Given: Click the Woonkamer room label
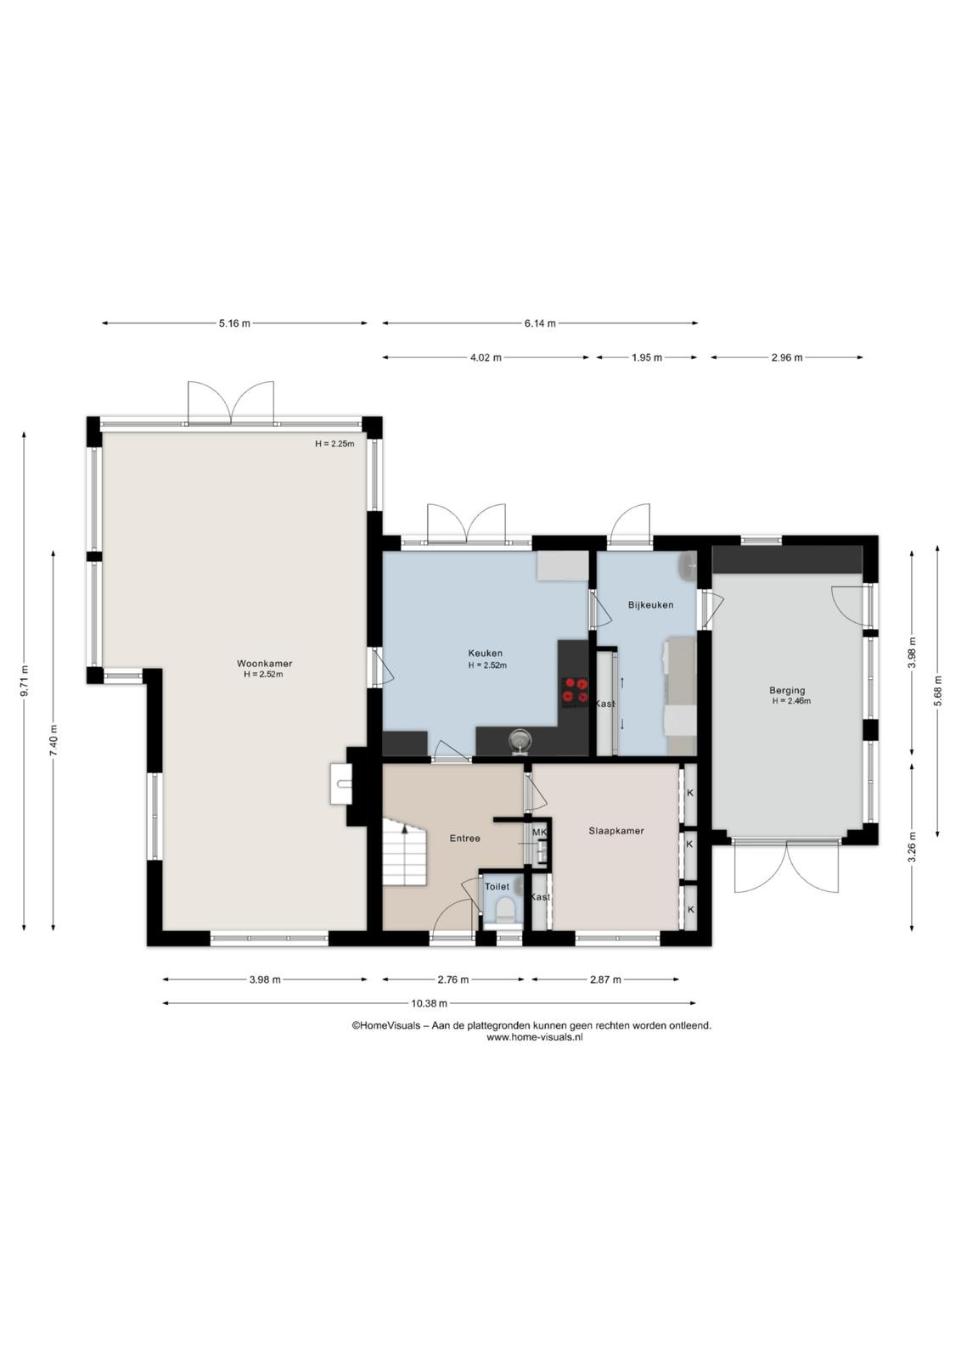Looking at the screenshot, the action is pos(264,663).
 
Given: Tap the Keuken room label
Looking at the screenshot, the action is pos(485,653).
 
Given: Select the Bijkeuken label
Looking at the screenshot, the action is pos(650,604).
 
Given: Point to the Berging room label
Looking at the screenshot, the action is pos(787,690).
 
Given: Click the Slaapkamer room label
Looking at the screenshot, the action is pos(616,831).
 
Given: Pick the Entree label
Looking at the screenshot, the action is pos(464,839).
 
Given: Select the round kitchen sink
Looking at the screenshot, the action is pos(519,739).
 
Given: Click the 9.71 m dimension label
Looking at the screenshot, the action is pos(24,682).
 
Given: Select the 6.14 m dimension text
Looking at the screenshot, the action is pos(540,323).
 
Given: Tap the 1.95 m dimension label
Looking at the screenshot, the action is pos(646,357).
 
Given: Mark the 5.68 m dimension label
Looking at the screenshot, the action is pos(937,690).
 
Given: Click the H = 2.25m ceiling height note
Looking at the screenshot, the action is pos(334,444).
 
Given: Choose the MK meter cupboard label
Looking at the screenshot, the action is pos(539,833).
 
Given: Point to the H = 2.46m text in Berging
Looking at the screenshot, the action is pos(790,701).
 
